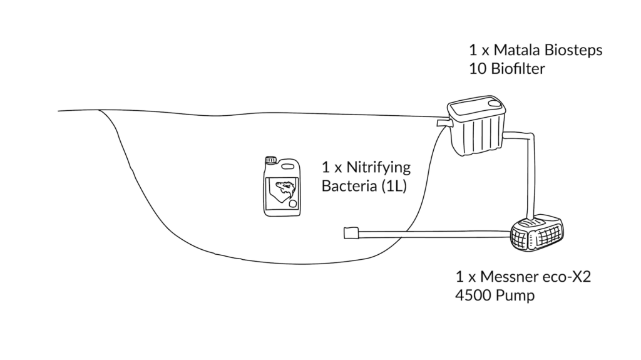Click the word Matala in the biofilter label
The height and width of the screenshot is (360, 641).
coord(516,50)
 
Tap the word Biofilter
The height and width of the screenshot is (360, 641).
coord(518,69)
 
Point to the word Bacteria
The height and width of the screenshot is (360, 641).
coord(349,186)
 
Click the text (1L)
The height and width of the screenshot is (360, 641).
coord(394,187)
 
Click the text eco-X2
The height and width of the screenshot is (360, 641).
coord(567,277)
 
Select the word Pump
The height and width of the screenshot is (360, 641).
coord(516,296)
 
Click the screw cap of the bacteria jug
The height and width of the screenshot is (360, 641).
coord(270,160)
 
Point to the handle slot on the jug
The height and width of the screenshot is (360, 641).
coord(288,166)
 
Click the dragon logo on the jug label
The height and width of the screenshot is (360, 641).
coord(285,189)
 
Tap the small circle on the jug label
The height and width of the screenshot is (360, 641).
coord(293,203)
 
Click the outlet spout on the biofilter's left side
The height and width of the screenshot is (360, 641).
coord(443,123)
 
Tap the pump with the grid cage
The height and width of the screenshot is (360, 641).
coord(536,232)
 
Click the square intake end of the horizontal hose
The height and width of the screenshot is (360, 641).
coord(351,233)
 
